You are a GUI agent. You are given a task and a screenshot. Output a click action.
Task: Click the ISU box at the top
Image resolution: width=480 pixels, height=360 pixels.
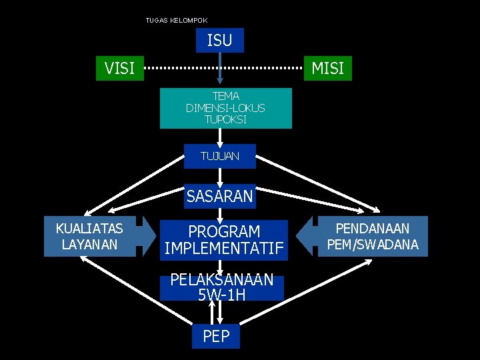pyautogui.click(x=220, y=40)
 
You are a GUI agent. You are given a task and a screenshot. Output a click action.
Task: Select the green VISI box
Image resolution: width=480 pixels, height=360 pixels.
pyautogui.click(x=120, y=67)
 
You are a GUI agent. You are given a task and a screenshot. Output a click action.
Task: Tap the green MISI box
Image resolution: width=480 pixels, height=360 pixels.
pyautogui.click(x=327, y=67)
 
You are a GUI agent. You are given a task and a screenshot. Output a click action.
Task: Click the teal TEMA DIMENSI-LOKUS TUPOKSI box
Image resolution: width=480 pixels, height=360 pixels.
pyautogui.click(x=225, y=108)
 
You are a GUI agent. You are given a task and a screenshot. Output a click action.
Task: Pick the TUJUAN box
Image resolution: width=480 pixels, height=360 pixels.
pyautogui.click(x=219, y=156)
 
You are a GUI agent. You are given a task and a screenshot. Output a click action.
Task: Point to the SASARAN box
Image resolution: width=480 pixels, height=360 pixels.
pyautogui.click(x=220, y=197)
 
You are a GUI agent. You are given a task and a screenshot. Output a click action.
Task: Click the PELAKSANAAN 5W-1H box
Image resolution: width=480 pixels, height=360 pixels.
pyautogui.click(x=222, y=287)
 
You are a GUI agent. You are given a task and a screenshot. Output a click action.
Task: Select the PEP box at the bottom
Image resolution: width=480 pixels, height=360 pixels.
pyautogui.click(x=215, y=337)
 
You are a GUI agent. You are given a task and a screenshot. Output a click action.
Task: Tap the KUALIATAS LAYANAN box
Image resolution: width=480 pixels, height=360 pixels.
pyautogui.click(x=89, y=236)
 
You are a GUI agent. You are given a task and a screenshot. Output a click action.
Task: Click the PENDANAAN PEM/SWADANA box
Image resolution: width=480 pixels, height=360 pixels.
pyautogui.click(x=373, y=236)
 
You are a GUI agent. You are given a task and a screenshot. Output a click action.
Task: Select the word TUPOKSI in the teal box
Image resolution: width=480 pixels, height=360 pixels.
pyautogui.click(x=225, y=120)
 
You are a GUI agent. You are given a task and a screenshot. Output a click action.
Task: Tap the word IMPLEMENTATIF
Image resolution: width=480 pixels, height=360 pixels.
pyautogui.click(x=224, y=249)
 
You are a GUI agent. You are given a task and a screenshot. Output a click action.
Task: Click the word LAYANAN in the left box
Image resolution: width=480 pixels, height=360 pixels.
pyautogui.click(x=89, y=245)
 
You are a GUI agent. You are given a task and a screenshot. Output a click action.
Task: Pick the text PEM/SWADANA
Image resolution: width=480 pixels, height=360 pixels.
pyautogui.click(x=373, y=245)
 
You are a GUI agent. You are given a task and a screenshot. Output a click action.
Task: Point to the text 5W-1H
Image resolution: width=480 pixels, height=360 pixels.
pyautogui.click(x=221, y=295)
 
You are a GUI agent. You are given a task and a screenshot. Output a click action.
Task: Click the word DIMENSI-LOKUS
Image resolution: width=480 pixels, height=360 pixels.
pyautogui.click(x=225, y=108)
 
